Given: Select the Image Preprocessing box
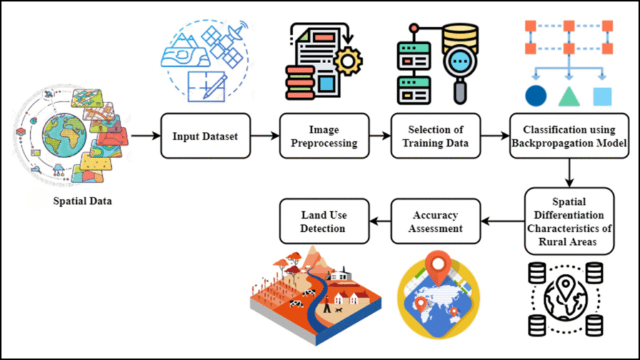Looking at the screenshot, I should coord(324,136).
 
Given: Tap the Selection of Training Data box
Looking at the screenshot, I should coord(436,136).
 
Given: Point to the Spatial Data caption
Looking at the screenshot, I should coord(81,201).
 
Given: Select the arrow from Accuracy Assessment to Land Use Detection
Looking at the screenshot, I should coord(379,221).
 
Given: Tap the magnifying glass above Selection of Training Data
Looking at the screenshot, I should coord(459,69).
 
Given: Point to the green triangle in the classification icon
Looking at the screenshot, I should coord(569,96).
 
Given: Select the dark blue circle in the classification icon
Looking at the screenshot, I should coord(536,96).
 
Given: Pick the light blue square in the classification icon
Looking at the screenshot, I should coord(602,96).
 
